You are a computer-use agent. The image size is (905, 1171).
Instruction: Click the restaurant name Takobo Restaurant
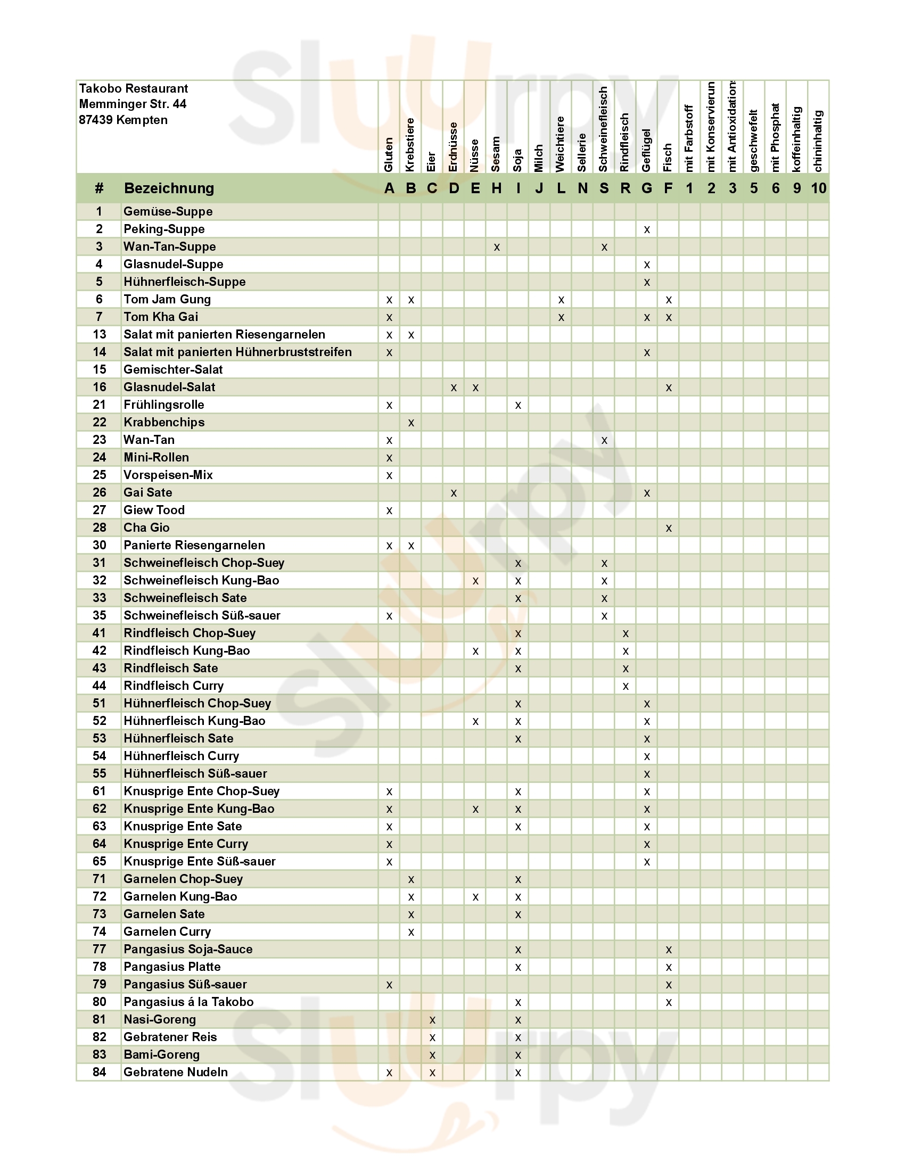coord(134,88)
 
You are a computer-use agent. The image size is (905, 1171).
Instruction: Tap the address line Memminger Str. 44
coord(133,104)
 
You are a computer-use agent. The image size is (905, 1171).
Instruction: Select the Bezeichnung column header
coord(169,188)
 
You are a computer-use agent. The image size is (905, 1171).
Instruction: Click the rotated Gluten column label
coord(389,154)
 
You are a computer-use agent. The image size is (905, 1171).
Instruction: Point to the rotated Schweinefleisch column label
coord(604,129)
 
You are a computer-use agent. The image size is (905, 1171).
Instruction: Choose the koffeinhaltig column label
coord(797,139)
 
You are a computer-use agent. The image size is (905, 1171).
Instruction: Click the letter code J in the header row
coord(539,188)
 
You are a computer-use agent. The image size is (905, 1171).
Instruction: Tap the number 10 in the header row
coord(818,188)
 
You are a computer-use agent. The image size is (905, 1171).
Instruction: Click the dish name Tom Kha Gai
coord(161,317)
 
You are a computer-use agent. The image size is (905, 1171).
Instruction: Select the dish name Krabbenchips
coord(164,423)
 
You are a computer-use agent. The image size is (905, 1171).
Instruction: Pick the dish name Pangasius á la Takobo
coord(188,1002)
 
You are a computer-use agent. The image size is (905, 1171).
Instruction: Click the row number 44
coord(99,686)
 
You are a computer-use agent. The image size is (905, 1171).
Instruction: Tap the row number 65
coord(99,862)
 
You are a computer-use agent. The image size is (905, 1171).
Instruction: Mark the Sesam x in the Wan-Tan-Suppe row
coord(497,247)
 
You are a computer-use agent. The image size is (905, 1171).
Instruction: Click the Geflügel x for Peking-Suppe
coord(647,229)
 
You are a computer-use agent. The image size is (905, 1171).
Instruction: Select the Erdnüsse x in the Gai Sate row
coord(454,493)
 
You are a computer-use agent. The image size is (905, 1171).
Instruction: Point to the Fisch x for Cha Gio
coord(668,528)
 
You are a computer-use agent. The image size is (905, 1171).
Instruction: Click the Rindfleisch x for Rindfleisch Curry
coord(625,686)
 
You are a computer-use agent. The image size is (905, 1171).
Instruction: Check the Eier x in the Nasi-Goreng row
coord(432,1020)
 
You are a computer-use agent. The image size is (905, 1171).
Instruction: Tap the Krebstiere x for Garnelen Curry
coord(410,932)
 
